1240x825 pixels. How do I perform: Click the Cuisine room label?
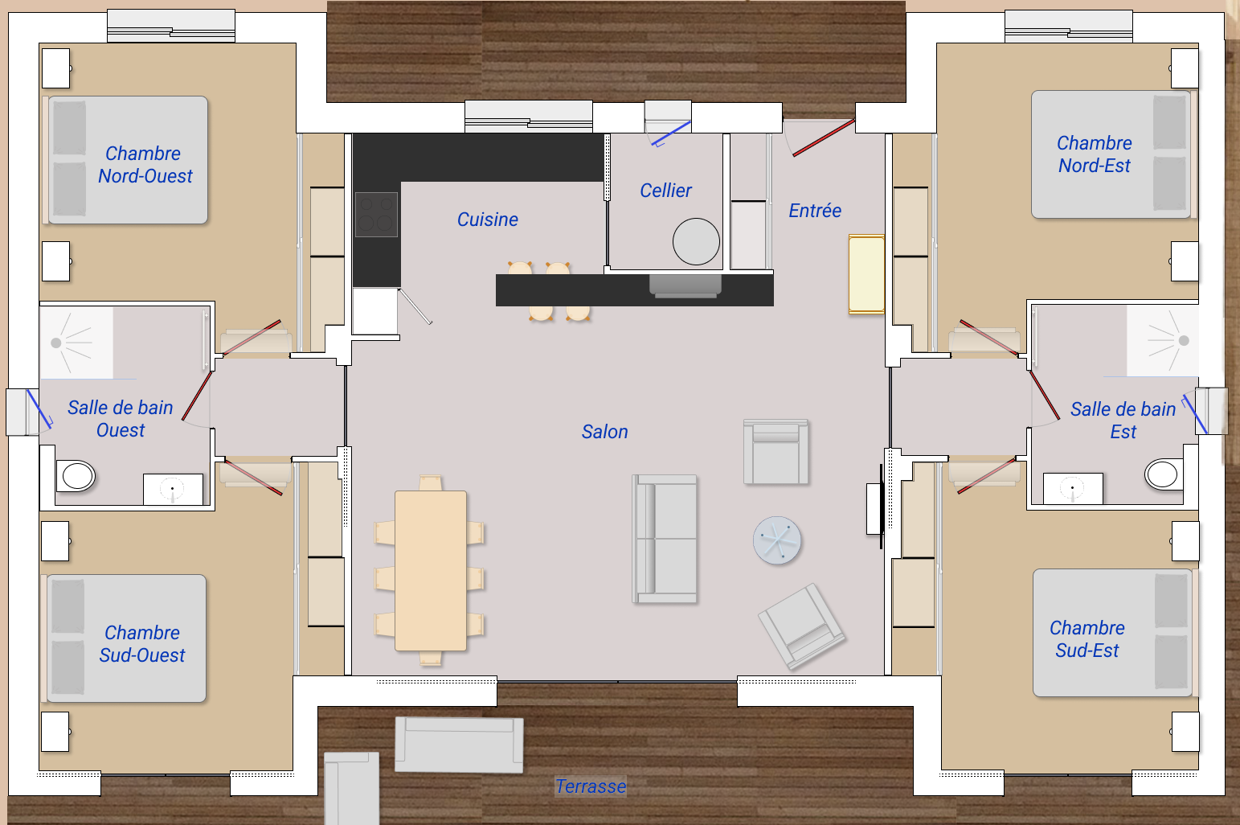(487, 220)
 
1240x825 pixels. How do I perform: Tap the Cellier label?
(665, 191)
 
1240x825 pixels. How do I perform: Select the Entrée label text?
(814, 211)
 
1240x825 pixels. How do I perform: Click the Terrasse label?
(591, 786)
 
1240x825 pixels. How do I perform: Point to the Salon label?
(604, 432)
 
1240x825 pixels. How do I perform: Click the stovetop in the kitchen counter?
(376, 215)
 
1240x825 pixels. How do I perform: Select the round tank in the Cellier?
(696, 241)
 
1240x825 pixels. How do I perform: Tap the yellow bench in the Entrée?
(866, 274)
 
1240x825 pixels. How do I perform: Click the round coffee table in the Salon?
(777, 540)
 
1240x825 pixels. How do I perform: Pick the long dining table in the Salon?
(431, 570)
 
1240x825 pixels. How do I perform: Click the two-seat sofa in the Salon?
(665, 539)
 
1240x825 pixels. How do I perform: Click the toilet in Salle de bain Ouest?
(76, 475)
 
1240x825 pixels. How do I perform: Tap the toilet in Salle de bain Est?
(1163, 474)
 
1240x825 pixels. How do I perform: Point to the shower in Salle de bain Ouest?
(76, 343)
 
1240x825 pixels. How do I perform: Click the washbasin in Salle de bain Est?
(1073, 488)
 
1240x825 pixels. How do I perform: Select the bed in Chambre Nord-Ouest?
(128, 160)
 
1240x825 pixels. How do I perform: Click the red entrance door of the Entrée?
(823, 137)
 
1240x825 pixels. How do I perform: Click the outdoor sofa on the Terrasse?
(459, 745)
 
